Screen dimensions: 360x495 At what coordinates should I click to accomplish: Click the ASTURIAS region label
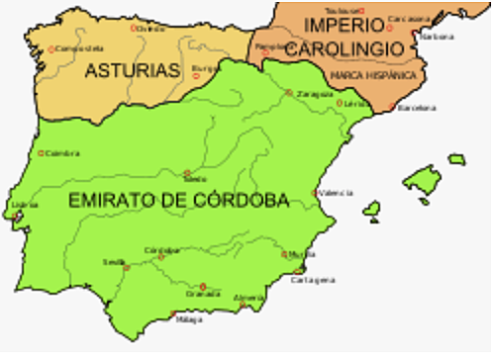point(132,71)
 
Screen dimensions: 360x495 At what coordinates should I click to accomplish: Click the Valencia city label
point(335,194)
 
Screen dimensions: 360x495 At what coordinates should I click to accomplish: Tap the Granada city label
point(203,294)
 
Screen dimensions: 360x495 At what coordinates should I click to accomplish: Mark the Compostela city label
point(80,47)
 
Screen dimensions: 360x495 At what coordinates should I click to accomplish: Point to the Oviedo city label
point(151,29)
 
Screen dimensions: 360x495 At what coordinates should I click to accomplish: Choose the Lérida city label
point(356,104)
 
